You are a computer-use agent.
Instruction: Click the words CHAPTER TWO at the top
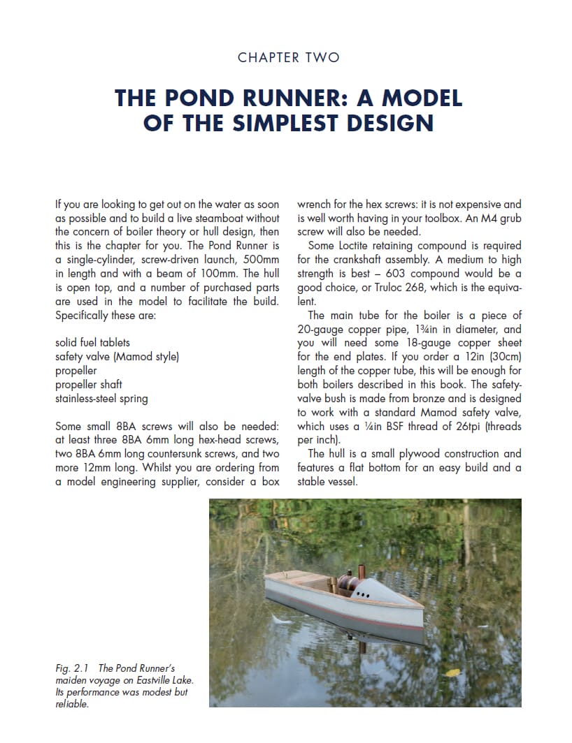288,57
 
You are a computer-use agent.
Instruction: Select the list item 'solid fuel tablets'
92,343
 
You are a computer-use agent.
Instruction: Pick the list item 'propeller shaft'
89,385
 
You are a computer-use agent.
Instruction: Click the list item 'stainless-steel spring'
101,399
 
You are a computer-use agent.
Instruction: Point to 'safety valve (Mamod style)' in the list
117,357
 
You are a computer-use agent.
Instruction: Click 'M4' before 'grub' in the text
478,218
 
